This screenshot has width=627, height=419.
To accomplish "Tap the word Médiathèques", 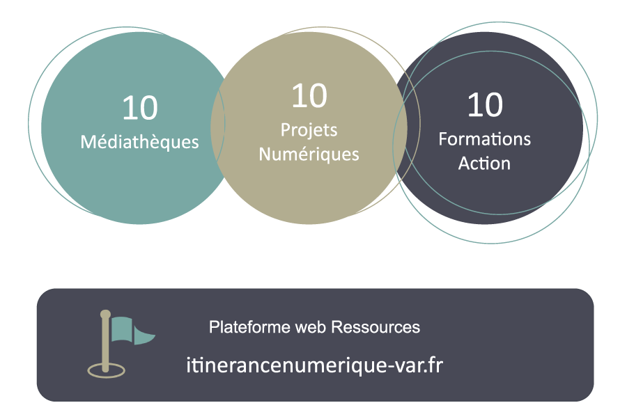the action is click(139, 143).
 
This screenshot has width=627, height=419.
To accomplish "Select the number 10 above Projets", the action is click(309, 95).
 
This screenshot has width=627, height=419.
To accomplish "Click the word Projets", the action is click(309, 131).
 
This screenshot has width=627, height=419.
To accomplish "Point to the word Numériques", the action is click(309, 155).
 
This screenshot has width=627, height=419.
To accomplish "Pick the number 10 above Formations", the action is click(485, 104).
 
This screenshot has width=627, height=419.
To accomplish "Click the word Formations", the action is click(485, 139).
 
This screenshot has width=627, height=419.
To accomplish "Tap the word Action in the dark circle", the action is click(484, 164).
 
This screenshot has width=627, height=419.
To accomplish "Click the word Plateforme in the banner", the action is click(249, 327).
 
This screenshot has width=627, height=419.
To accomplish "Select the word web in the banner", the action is click(311, 327).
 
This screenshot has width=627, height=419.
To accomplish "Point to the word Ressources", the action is click(376, 327).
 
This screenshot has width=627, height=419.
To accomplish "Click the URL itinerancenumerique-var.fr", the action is click(315, 365).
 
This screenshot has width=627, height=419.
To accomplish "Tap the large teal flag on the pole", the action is click(121, 329).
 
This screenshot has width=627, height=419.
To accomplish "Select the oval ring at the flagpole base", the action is click(107, 370).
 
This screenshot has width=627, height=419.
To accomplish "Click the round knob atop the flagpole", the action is click(105, 315).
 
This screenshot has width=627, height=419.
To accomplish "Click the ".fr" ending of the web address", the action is click(433, 365).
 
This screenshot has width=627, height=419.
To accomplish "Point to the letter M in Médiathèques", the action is click(88, 143).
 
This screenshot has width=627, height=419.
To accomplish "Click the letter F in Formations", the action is click(442, 139).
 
